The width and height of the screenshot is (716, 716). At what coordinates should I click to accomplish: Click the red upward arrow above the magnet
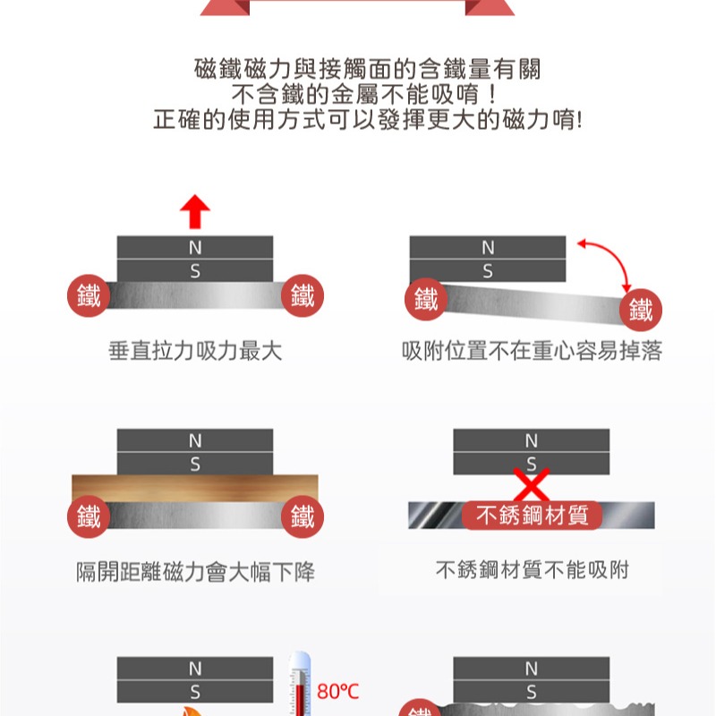[194, 213]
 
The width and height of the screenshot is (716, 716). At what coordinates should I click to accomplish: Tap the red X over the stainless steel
[531, 484]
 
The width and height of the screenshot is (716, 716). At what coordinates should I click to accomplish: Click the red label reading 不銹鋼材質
[532, 516]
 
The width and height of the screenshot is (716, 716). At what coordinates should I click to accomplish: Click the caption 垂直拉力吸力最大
[194, 352]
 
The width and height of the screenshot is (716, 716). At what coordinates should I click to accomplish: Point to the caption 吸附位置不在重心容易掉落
[532, 352]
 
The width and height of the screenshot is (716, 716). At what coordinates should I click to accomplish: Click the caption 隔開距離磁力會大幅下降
[194, 571]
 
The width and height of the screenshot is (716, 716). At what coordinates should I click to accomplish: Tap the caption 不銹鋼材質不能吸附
[532, 570]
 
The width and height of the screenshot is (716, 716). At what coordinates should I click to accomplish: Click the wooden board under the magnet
[194, 488]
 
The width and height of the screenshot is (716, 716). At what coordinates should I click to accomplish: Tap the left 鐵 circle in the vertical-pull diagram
[89, 296]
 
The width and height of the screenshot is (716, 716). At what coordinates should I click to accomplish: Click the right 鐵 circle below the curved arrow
[641, 310]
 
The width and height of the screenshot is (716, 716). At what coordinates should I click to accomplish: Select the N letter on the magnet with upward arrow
[194, 247]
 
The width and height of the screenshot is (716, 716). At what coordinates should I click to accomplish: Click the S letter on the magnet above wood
[194, 464]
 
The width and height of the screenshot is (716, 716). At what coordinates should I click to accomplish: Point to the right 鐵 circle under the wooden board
[302, 516]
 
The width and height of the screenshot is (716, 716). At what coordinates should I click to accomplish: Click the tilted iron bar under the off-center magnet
[528, 301]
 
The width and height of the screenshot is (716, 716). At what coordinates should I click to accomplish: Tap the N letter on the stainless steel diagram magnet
[532, 440]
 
